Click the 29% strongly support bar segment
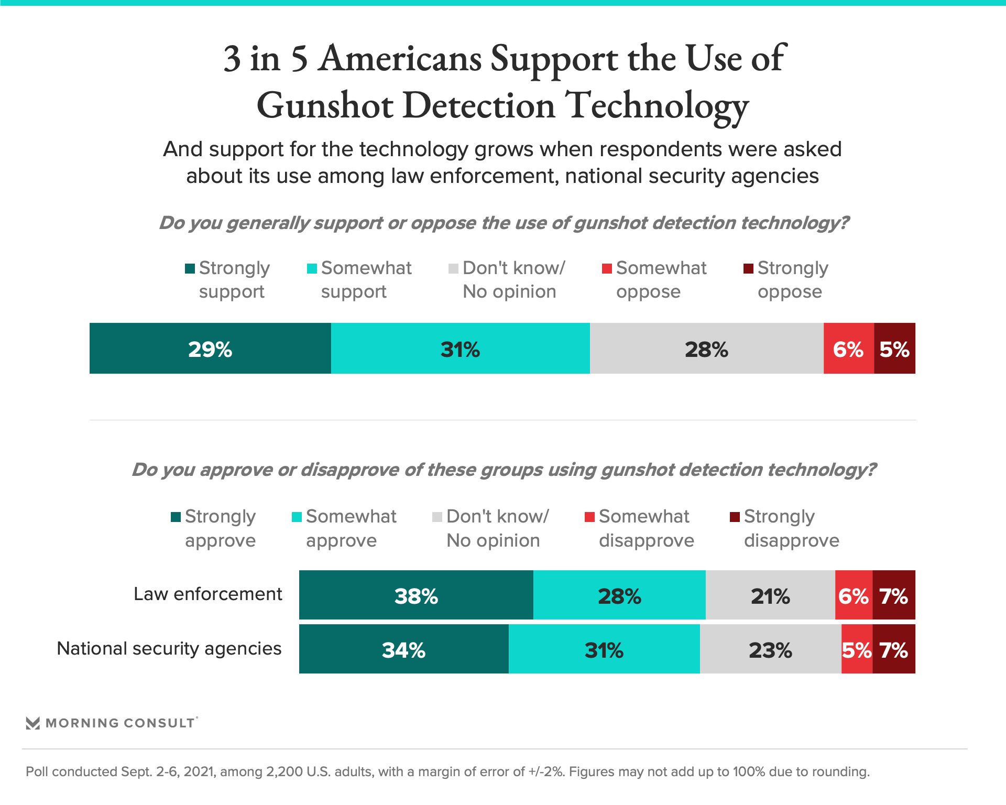pos(210,349)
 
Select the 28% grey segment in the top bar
pos(706,349)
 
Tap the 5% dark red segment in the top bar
pos(894,349)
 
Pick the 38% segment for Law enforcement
pos(416,595)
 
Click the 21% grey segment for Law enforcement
pos(770,595)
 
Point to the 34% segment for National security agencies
pos(403,649)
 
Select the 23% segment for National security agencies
pos(770,649)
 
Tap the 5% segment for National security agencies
pos(857,649)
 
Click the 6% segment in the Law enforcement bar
pos(854,595)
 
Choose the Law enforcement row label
pos(208,594)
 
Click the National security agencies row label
pos(169,648)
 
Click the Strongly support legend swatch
pos(190,269)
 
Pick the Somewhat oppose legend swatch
pos(607,269)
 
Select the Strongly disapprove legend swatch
pos(735,517)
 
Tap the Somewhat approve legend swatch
pos(297,517)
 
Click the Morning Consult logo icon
pos(33,723)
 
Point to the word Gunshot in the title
pos(325,105)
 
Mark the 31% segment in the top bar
pos(460,349)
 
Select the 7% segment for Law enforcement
pos(894,595)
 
